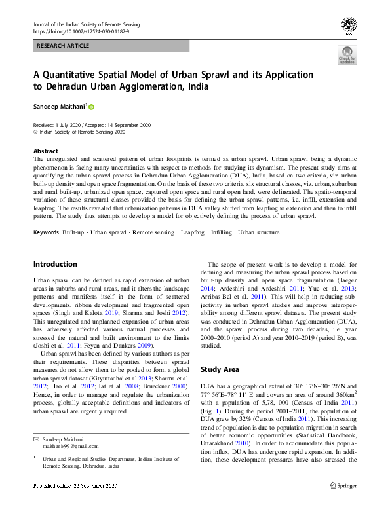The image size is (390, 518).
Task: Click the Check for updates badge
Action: pos(347,55)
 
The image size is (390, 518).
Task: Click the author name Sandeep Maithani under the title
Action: pos(60,106)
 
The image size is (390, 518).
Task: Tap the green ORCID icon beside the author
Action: pos(92,107)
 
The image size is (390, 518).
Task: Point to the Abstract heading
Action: pos(46,151)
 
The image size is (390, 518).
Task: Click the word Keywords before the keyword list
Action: pos(47,232)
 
